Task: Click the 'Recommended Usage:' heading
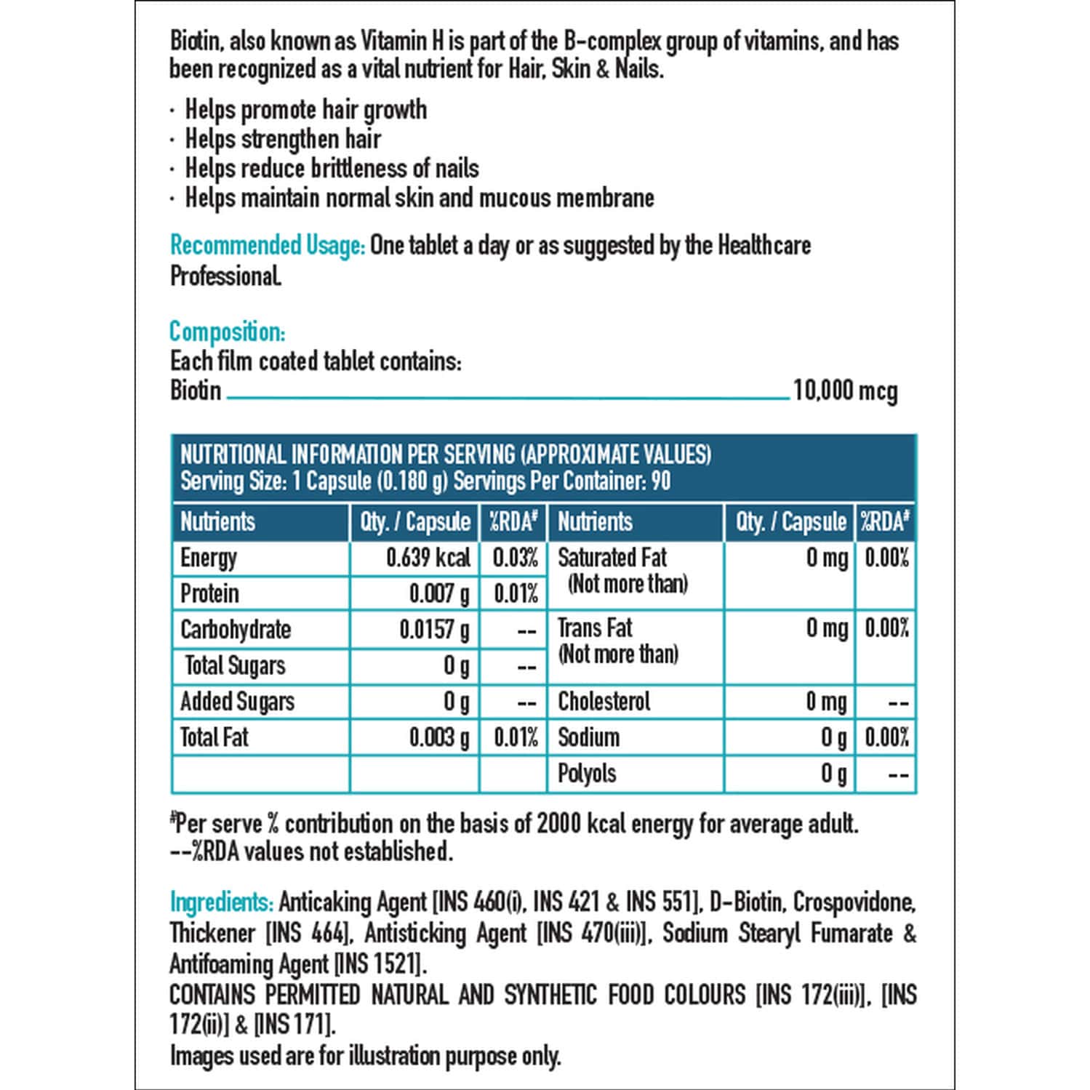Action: [x=267, y=246]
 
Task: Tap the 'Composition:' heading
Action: [x=227, y=332]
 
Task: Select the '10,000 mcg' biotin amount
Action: [x=845, y=390]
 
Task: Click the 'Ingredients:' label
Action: [x=221, y=902]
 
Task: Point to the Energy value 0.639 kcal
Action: [x=428, y=558]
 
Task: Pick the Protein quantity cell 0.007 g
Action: [x=438, y=593]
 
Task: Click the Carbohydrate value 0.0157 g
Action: [x=434, y=630]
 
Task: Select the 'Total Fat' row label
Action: [x=214, y=737]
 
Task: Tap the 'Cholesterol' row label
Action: [x=604, y=701]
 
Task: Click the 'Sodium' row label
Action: [x=588, y=737]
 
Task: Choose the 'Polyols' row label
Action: [x=586, y=773]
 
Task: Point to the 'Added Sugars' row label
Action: [x=237, y=701]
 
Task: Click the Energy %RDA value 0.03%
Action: [x=515, y=558]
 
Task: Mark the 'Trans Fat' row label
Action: [x=595, y=628]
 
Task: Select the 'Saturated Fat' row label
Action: [x=612, y=558]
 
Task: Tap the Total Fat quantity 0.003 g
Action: [x=438, y=737]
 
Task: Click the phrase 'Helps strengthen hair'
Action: [x=283, y=139]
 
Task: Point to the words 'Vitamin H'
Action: [x=402, y=41]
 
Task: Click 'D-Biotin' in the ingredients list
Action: [x=746, y=902]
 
